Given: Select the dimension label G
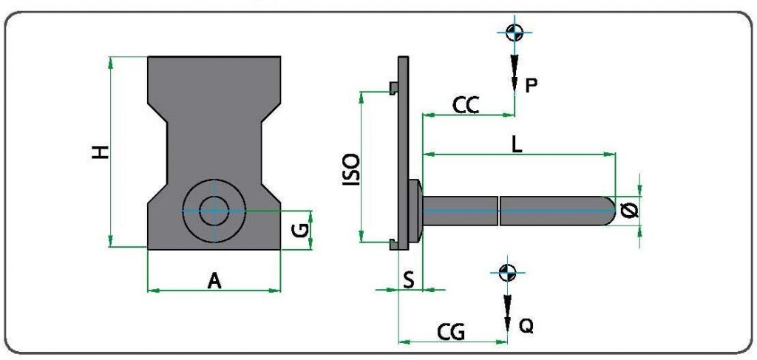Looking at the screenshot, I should point(299,230).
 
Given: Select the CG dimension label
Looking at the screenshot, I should point(449,332).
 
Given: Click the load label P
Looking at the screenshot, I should point(531,86).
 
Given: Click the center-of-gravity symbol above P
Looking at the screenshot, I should point(515,32).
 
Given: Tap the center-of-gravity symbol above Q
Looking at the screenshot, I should point(506,271).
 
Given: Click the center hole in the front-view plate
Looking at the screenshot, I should point(214,210).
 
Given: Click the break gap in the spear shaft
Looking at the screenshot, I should point(499,210).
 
